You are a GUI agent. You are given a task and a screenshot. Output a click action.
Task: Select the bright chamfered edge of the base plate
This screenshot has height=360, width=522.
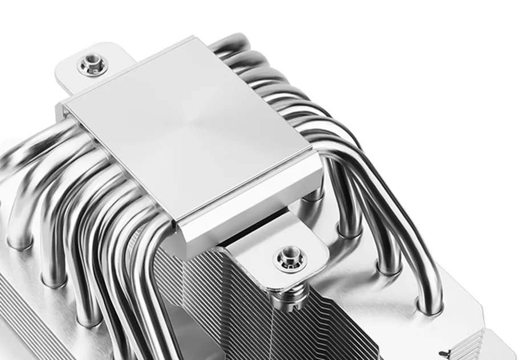point(251,194)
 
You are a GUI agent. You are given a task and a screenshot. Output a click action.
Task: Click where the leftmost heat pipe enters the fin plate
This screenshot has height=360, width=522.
point(17,242)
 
